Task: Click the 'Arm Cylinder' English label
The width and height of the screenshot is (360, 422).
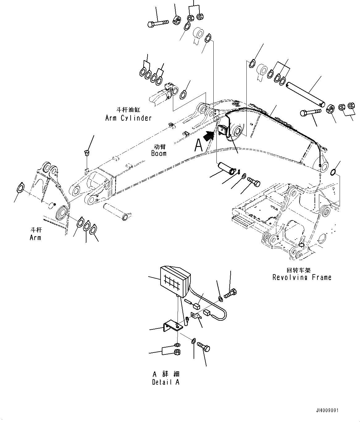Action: [x=128, y=118]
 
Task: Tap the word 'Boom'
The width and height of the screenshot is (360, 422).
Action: [x=159, y=153]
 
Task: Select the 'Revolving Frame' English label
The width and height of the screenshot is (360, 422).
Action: [x=302, y=277]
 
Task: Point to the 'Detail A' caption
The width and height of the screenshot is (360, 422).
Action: [x=165, y=382]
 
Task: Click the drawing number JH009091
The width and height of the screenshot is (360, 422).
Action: [x=327, y=411]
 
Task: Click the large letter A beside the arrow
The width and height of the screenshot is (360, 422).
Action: [x=198, y=145]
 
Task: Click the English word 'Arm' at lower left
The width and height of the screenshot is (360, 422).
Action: [x=35, y=237]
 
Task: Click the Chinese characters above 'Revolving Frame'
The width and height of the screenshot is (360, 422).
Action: [x=299, y=270]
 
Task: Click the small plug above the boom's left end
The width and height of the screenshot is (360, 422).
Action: [x=87, y=153]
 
